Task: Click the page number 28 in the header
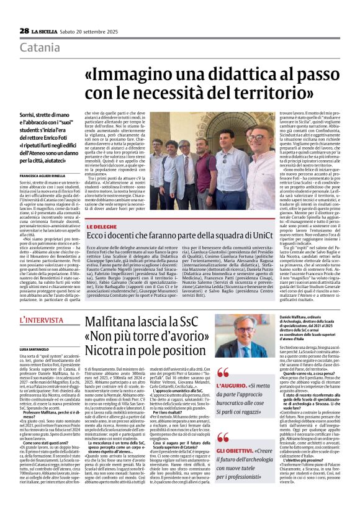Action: pyautogui.click(x=24, y=30)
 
